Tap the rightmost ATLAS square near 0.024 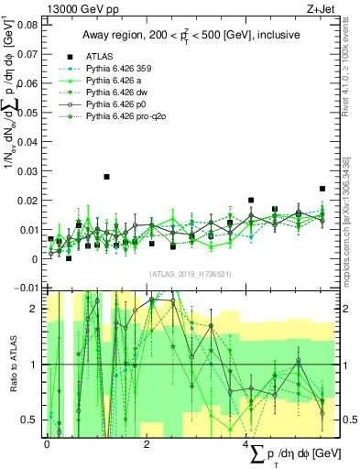[322, 189]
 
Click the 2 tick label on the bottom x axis [147, 443]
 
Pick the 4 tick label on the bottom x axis [248, 443]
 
